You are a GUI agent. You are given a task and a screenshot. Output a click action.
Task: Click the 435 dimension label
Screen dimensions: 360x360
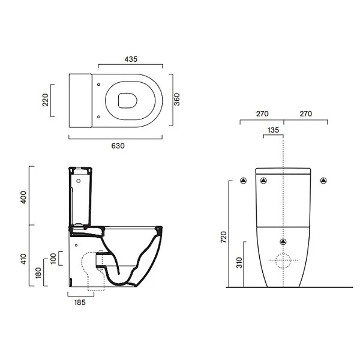[131, 59]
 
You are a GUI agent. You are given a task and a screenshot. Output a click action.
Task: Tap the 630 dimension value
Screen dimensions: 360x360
[118, 146]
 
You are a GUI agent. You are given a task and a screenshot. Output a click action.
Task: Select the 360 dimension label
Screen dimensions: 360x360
[177, 100]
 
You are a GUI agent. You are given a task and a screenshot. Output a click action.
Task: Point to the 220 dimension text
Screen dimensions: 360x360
[46, 100]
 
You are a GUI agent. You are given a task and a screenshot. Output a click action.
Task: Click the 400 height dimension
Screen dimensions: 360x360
[23, 197]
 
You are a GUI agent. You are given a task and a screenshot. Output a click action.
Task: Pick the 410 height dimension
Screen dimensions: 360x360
[23, 259]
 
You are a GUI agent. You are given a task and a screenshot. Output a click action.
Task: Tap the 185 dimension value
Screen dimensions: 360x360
[80, 302]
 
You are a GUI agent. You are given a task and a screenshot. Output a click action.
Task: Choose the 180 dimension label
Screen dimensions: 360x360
[38, 273]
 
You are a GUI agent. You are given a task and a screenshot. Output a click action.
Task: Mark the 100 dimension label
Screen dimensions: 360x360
[53, 259]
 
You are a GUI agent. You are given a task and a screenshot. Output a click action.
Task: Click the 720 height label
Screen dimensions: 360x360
[223, 237]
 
